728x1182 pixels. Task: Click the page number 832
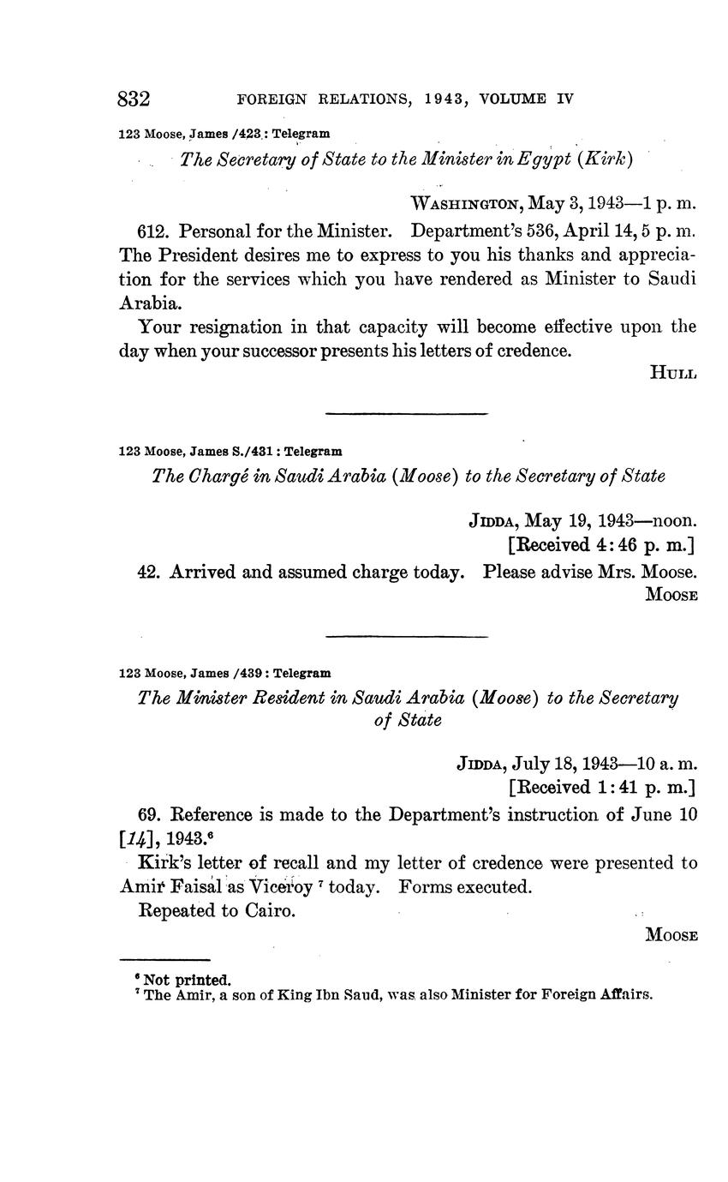(134, 99)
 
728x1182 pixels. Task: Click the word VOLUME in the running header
(513, 99)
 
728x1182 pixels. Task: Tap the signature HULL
(674, 372)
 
